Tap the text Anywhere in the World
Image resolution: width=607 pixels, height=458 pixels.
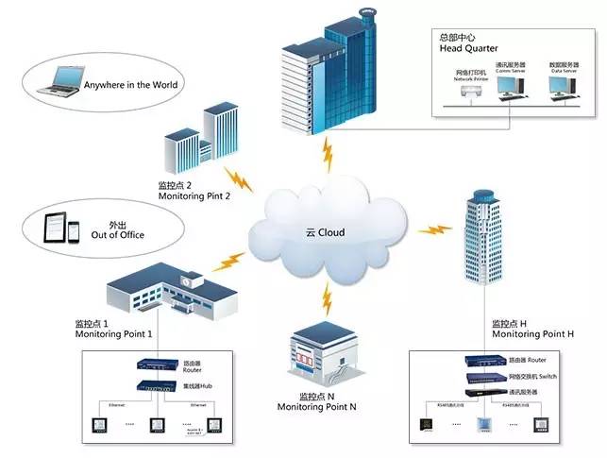131,84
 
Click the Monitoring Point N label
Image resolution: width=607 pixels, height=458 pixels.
316,406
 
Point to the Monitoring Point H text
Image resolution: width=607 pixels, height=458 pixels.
533,335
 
